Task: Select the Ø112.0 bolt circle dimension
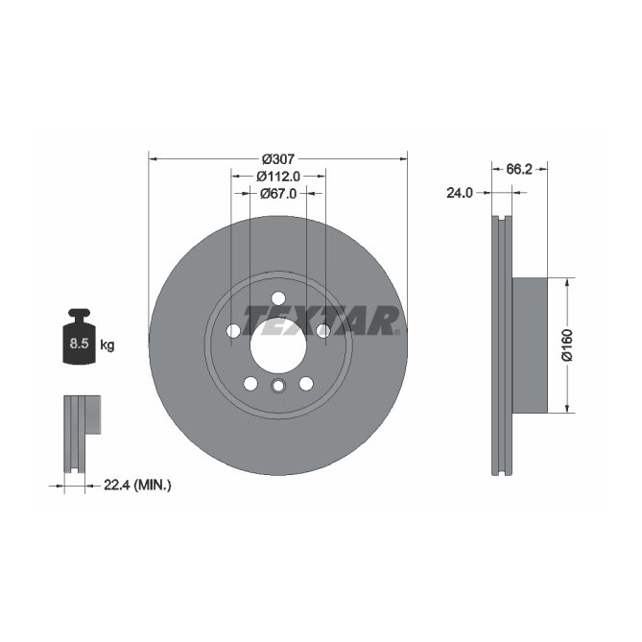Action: pos(278,176)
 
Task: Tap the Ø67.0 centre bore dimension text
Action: pos(278,193)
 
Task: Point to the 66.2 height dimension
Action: pos(518,169)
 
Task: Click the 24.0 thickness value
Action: pos(460,193)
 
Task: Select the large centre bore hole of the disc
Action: pos(278,341)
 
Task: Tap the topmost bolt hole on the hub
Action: pos(278,298)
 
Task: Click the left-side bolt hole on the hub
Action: pos(233,331)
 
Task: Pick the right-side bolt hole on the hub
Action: pos(323,331)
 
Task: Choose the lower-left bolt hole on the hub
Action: pos(250,384)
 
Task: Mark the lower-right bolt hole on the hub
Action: pos(306,384)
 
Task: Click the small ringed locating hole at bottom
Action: pos(278,388)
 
